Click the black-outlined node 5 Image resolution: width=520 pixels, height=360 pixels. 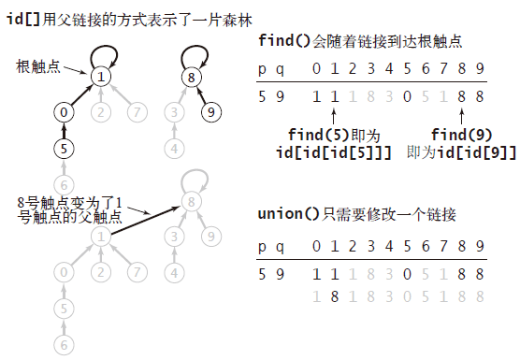(64, 148)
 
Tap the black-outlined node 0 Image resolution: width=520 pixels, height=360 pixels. (64, 112)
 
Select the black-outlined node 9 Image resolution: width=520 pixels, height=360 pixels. (211, 112)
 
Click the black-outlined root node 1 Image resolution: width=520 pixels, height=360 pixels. (101, 77)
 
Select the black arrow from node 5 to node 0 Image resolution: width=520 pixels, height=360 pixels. (64, 131)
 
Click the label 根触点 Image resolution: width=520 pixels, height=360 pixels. (37, 66)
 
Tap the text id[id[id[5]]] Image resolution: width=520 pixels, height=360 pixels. (334, 152)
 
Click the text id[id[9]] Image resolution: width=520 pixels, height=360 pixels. (476, 152)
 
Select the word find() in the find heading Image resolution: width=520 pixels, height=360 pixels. (284, 41)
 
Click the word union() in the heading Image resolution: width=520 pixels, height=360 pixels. (288, 214)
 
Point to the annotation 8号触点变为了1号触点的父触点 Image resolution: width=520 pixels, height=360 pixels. (69, 209)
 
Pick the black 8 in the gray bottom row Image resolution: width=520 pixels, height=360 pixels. (335, 296)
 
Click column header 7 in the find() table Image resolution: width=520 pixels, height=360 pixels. (443, 68)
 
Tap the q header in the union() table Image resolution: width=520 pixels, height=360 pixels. (281, 247)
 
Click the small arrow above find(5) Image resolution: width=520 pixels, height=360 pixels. (334, 117)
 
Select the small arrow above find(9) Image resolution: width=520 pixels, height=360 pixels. (461, 117)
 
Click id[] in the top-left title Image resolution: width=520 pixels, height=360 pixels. (23, 19)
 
